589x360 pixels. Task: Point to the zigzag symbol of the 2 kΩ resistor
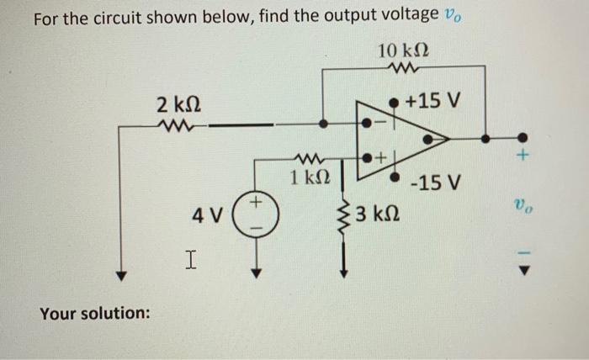coord(178,127)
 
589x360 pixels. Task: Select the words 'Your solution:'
coord(95,313)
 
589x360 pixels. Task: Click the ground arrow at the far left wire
coord(121,274)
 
